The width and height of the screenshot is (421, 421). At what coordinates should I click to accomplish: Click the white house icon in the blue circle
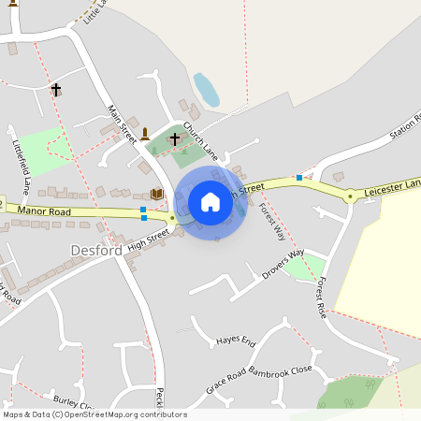[x=210, y=202]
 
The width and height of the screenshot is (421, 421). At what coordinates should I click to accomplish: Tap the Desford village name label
[x=96, y=251]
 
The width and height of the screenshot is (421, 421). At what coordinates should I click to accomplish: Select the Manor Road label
[x=44, y=212]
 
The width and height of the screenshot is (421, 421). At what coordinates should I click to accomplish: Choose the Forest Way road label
[x=273, y=222]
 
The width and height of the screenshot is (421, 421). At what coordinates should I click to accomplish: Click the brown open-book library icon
[x=157, y=194]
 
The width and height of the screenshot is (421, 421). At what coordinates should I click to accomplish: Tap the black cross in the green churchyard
[x=175, y=138]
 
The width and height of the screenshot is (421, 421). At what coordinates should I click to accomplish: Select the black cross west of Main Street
[x=56, y=90]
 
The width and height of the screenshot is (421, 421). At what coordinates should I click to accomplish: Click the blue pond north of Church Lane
[x=206, y=90]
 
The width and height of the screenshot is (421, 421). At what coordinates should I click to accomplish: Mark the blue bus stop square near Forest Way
[x=299, y=177]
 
